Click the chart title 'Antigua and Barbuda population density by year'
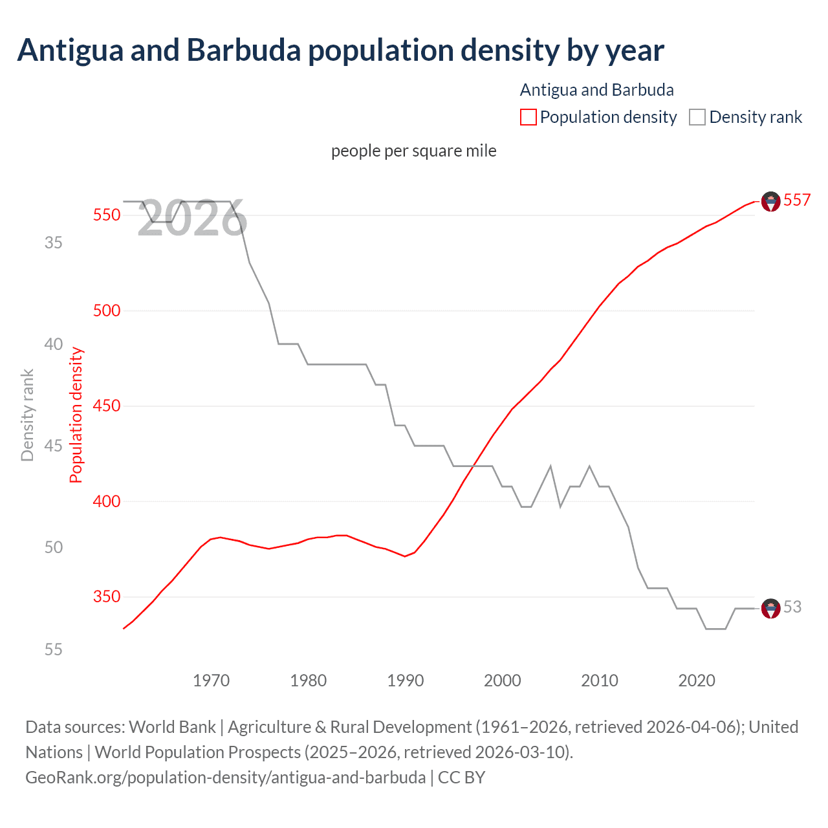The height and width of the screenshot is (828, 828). coord(340,50)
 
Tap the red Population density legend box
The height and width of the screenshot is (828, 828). coord(528,117)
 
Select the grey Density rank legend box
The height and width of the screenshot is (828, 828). coord(697,117)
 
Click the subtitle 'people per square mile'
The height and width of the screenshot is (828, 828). coord(413,151)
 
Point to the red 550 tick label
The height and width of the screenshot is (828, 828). coord(107,215)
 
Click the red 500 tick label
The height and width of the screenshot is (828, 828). coord(107,310)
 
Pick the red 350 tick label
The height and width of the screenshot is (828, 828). coord(107,596)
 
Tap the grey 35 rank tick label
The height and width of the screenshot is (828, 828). coord(54,243)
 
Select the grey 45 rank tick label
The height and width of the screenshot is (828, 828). coord(54,446)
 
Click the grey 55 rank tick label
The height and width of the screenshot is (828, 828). coord(54,649)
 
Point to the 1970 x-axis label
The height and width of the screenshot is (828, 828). coord(212,681)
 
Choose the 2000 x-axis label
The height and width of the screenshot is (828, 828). coord(503,681)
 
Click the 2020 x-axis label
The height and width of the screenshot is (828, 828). coord(697,681)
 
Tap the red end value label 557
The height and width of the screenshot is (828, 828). coord(797,201)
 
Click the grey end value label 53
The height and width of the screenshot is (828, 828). coord(792,607)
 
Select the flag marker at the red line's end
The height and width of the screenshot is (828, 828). coord(770,201)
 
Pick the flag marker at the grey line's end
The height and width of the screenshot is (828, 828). coord(770,609)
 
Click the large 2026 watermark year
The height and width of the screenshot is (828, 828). coord(192,219)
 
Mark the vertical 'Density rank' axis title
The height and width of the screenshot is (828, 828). coord(27,415)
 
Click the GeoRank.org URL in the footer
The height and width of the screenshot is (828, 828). coord(225,777)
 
